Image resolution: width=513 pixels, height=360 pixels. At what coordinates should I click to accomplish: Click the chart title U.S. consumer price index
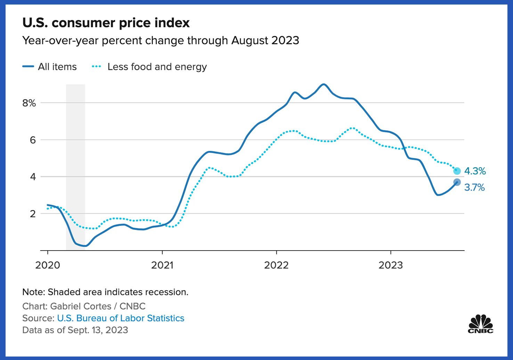106,23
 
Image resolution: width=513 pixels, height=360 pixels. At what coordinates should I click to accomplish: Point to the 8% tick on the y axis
29,103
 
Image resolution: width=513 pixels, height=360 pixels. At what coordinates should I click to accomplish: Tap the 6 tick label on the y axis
33,140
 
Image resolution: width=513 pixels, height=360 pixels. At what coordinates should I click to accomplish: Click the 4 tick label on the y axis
33,177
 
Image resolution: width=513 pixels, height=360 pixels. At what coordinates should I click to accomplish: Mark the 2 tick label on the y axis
33,213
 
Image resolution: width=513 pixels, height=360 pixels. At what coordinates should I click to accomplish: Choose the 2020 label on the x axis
48,265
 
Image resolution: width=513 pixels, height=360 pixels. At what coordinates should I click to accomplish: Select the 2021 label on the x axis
162,265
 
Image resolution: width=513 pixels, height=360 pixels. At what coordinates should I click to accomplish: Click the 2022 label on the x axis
276,265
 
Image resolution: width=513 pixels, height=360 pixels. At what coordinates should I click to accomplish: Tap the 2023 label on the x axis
391,265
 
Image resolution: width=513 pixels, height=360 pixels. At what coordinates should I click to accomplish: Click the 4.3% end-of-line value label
475,171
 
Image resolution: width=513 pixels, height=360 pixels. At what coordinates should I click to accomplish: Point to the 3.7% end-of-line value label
474,188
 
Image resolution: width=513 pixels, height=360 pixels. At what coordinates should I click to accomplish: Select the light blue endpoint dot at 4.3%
457,171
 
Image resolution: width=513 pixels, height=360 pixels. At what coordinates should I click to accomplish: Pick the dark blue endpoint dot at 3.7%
457,182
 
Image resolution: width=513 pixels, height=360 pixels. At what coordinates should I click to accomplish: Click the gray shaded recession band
75,167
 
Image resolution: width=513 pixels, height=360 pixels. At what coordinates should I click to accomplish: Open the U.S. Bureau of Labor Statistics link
121,318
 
